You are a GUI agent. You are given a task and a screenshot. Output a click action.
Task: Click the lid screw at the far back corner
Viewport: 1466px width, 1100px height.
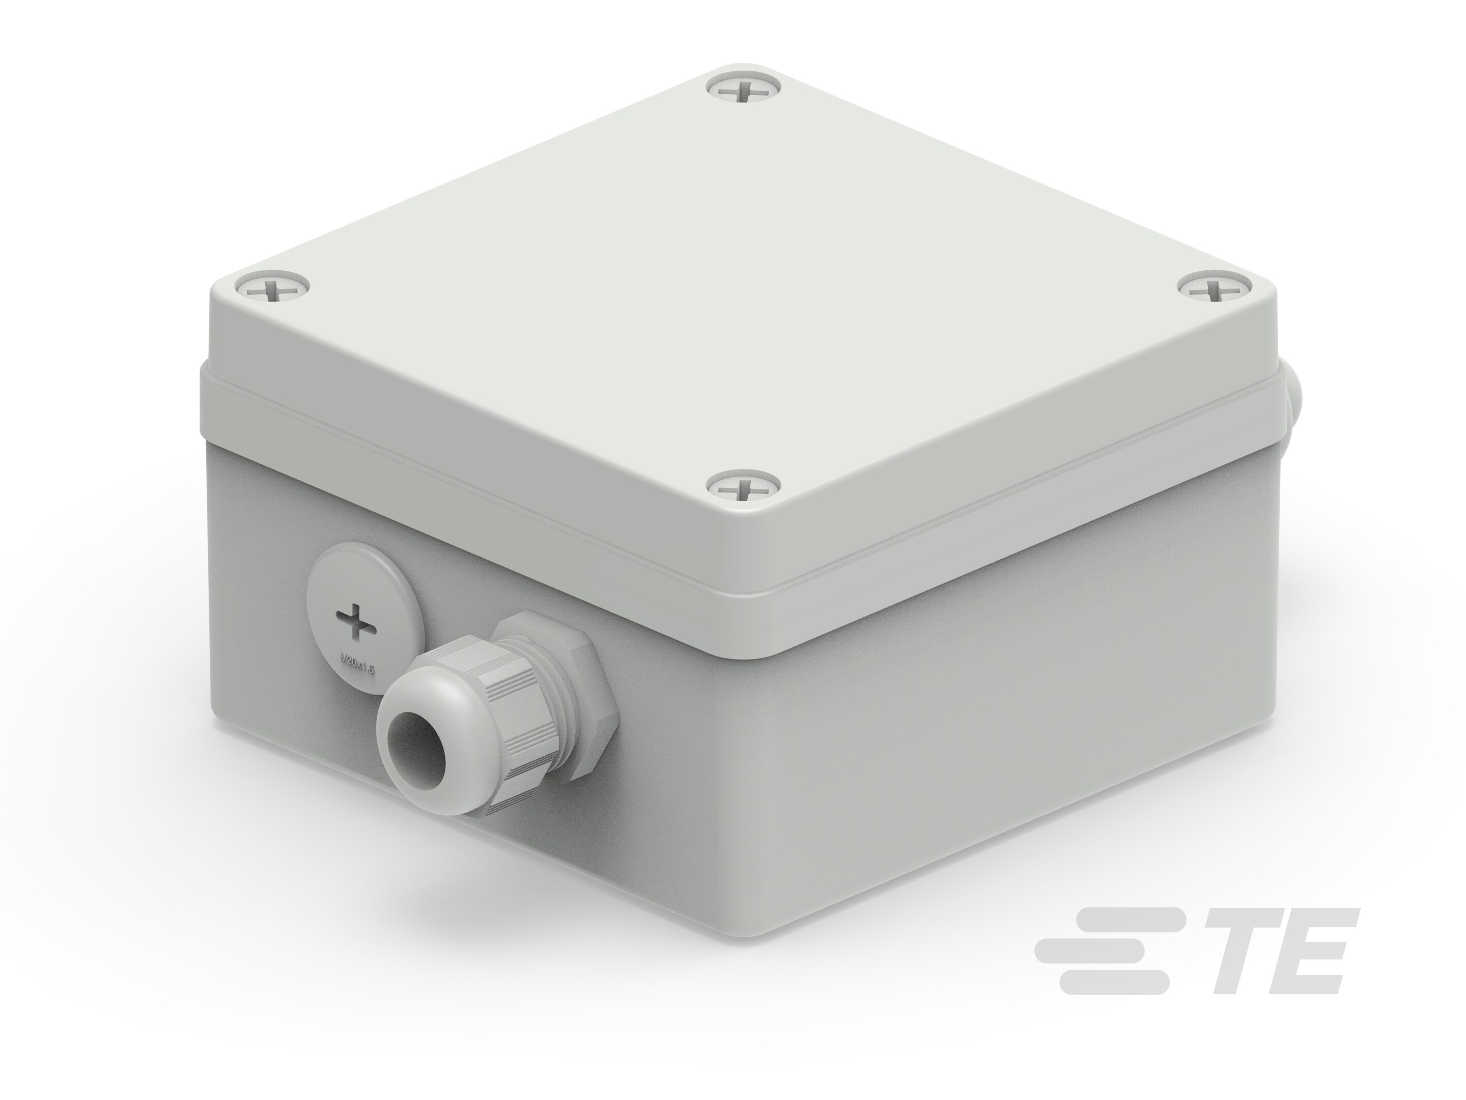tap(744, 90)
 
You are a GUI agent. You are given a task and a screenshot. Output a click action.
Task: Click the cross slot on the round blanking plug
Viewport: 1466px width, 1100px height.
tap(355, 622)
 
